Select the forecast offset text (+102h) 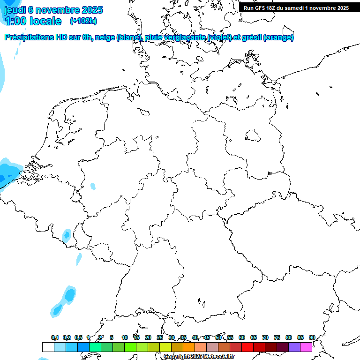click(83, 21)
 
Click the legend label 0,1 click(55, 338)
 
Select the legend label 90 click(312, 338)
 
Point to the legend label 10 click(125, 338)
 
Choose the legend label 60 click(242, 338)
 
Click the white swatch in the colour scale click(48, 347)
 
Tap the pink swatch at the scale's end click(306, 347)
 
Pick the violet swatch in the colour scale click(294, 347)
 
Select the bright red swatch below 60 click(247, 347)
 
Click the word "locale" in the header click(45, 21)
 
